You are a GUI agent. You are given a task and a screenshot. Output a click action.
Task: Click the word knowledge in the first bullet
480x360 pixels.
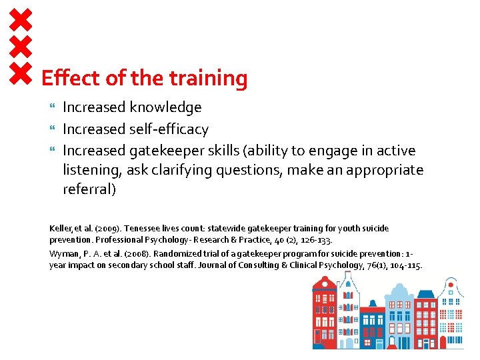click(166, 107)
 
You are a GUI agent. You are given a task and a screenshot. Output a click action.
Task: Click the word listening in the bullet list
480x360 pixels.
click(91, 171)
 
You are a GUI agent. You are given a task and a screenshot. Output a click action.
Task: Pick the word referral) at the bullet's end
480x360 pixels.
click(89, 189)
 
